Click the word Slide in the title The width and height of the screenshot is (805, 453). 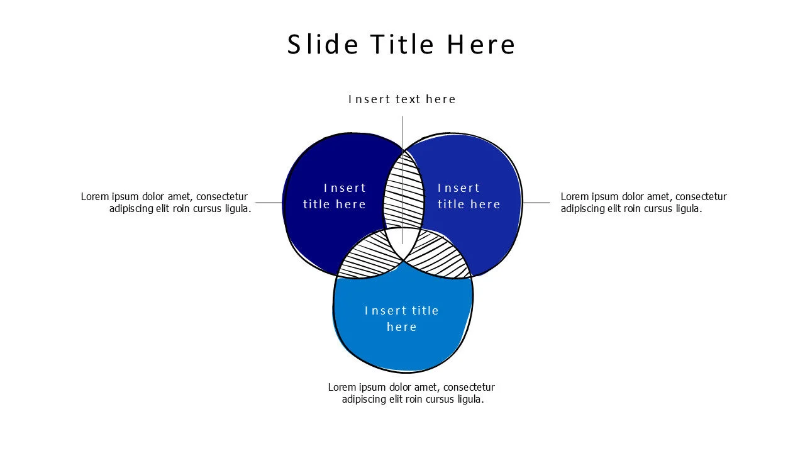click(x=323, y=44)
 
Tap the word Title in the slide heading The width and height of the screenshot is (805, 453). click(x=402, y=44)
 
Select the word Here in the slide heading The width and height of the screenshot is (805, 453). click(x=481, y=44)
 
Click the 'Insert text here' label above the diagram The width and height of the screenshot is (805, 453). click(x=402, y=99)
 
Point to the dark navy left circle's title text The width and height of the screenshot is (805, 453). click(x=335, y=196)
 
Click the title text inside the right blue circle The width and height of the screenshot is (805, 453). click(x=469, y=196)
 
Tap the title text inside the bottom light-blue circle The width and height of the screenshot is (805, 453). click(x=402, y=318)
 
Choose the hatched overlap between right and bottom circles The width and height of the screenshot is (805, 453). click(x=439, y=258)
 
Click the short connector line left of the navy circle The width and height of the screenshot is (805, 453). click(x=269, y=203)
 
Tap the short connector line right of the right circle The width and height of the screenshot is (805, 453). click(x=536, y=203)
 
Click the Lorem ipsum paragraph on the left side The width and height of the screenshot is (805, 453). click(x=166, y=203)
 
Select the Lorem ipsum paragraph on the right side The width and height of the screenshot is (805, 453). click(x=643, y=203)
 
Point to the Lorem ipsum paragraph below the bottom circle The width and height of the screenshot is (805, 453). click(x=411, y=393)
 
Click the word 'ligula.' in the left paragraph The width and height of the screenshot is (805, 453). click(x=238, y=209)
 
